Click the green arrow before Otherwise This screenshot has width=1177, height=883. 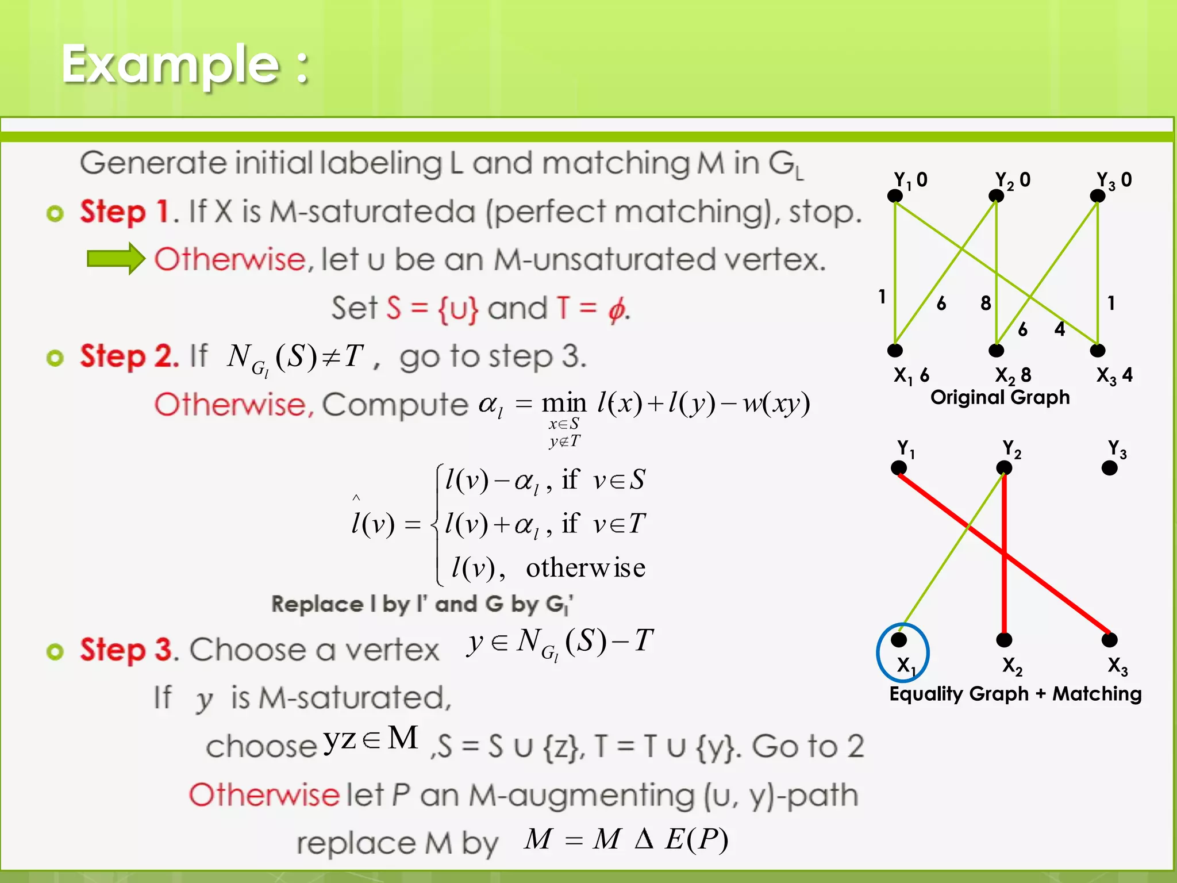click(116, 259)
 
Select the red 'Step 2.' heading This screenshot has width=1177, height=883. click(129, 356)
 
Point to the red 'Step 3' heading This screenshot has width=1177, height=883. click(126, 650)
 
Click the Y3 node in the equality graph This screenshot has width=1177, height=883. click(1109, 468)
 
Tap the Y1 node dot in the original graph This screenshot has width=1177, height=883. click(895, 196)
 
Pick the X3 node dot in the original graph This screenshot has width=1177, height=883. click(1098, 350)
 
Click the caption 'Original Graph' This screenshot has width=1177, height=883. click(1000, 397)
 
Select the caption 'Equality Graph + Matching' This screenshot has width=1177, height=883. click(1016, 694)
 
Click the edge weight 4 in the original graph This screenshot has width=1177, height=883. click(1060, 329)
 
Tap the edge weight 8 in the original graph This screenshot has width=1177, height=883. click(986, 303)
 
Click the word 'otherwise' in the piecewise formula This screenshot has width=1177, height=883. click(586, 568)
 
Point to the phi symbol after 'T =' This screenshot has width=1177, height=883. click(616, 309)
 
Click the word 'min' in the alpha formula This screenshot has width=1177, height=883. click(564, 403)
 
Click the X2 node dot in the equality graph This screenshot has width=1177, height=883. click(1004, 639)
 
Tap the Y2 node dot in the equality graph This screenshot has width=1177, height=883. click(1004, 468)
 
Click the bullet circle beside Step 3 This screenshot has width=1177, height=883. click(55, 651)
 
